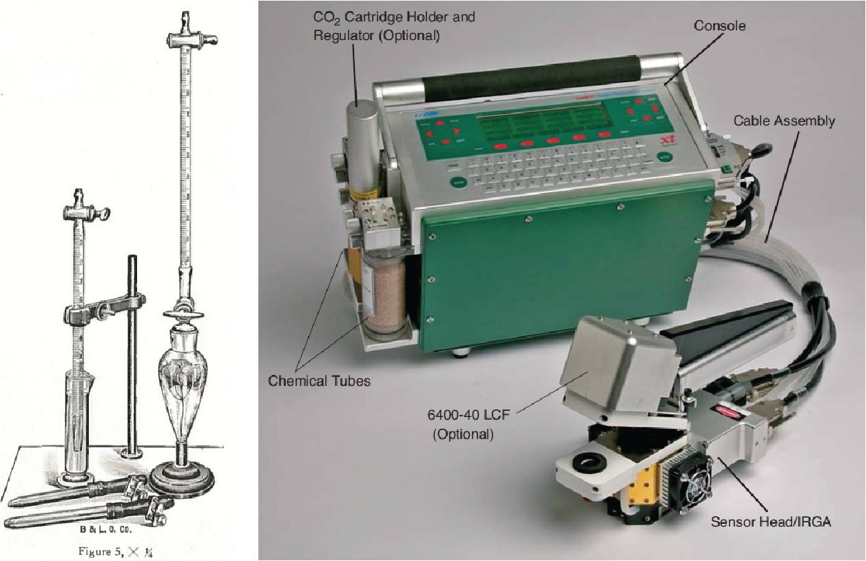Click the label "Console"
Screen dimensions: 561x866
(719, 26)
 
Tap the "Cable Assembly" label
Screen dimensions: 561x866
(783, 121)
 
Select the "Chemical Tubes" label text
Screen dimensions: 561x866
(318, 380)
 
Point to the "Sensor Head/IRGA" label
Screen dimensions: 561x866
(770, 522)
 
